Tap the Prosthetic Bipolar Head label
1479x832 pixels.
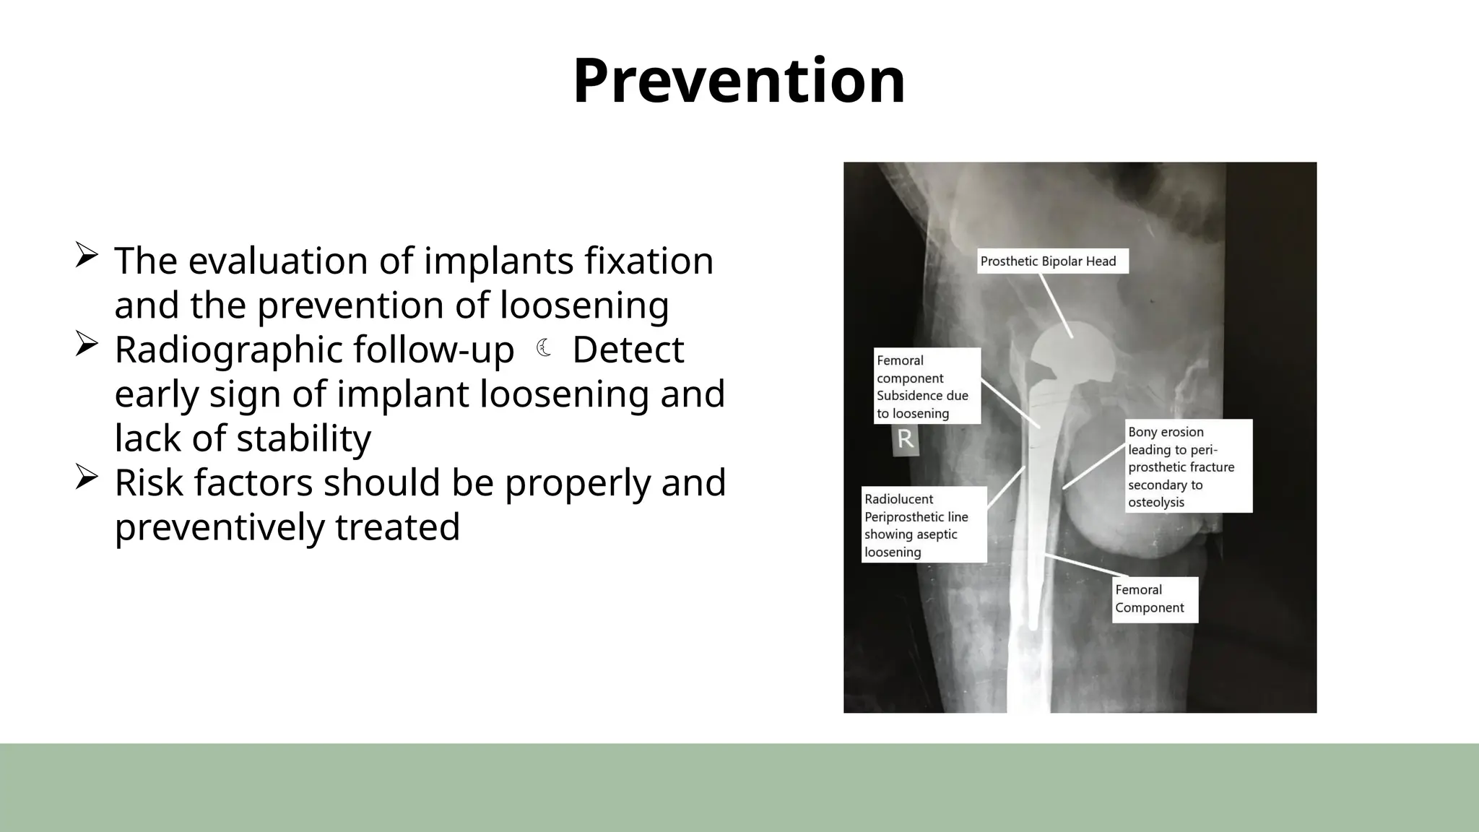click(1051, 261)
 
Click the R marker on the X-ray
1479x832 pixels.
click(906, 438)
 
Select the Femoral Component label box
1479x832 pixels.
click(1154, 599)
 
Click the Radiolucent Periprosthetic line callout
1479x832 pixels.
click(924, 525)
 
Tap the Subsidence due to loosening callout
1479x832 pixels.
click(927, 386)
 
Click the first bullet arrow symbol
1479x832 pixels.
click(86, 256)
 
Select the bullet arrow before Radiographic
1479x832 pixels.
click(86, 344)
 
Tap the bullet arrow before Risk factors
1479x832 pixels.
click(86, 477)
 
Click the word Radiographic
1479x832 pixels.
click(230, 350)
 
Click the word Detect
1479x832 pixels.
click(628, 350)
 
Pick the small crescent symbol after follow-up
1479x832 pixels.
click(544, 350)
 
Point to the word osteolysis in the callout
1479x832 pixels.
click(1155, 502)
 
